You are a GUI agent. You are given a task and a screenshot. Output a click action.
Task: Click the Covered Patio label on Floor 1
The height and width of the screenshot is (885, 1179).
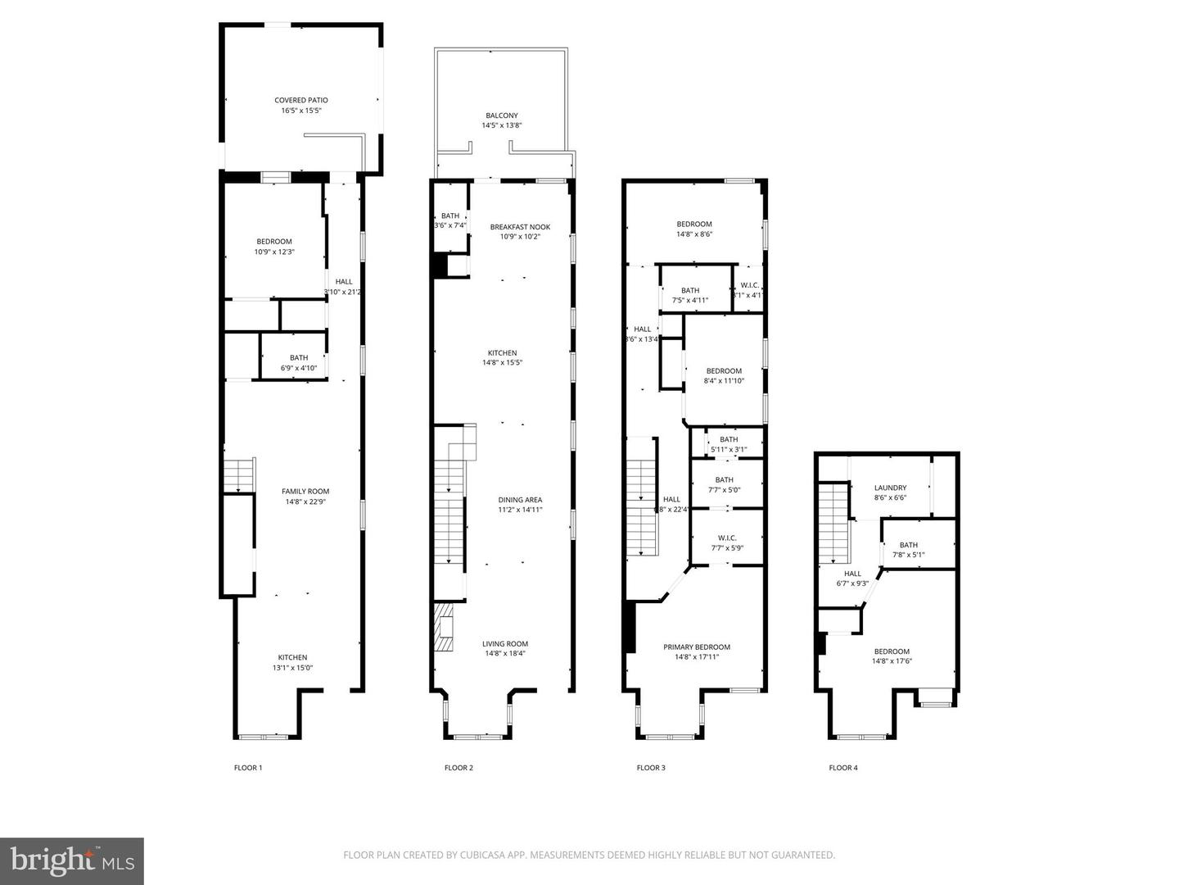pos(300,100)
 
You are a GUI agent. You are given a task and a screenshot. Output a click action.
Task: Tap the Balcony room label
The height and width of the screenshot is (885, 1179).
pos(501,116)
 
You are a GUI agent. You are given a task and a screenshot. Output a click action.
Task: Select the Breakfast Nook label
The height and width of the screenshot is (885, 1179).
pos(520,227)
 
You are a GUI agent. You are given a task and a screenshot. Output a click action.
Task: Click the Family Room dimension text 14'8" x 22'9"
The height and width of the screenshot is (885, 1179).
pos(307,501)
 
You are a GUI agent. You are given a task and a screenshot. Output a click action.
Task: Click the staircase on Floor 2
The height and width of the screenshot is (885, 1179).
pos(449,512)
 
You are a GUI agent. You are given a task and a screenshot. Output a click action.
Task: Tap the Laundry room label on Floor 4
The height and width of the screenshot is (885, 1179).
pos(890,488)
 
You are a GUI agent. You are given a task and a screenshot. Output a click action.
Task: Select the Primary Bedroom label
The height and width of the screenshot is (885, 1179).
pos(696,647)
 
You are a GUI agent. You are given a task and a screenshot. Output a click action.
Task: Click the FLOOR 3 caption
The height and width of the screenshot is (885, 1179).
pos(651,768)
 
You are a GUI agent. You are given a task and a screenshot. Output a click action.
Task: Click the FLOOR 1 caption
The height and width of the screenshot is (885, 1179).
pos(248,768)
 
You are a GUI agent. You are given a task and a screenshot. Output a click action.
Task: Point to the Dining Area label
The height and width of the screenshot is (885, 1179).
pos(520,500)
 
